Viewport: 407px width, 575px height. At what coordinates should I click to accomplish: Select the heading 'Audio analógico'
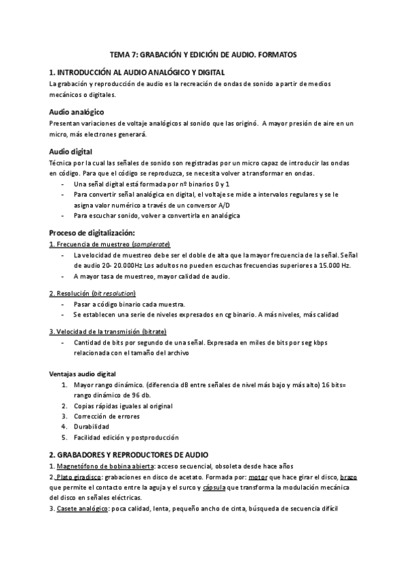pyautogui.click(x=77, y=111)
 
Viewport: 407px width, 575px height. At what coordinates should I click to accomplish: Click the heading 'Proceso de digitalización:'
pyautogui.click(x=97, y=233)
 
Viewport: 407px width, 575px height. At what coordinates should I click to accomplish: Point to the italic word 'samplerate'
pyautogui.click(x=151, y=244)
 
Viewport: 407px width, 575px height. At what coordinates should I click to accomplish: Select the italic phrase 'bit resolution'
pyautogui.click(x=114, y=293)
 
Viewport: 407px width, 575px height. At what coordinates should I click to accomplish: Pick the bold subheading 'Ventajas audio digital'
pyautogui.click(x=83, y=374)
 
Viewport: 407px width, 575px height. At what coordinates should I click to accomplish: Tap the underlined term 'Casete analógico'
pyautogui.click(x=83, y=509)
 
